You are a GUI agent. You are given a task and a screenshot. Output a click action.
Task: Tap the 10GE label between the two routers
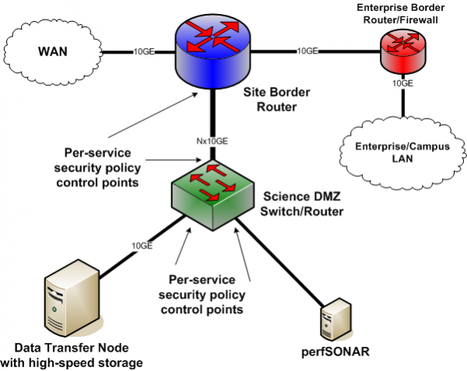tap(307, 51)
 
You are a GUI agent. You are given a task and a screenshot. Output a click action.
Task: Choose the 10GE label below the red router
tap(402, 81)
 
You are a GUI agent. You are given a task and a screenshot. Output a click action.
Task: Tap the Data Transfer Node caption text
tap(75, 354)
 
